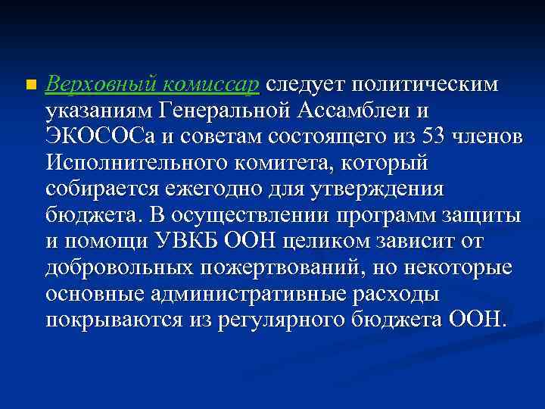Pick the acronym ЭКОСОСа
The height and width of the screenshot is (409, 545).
(x=94, y=137)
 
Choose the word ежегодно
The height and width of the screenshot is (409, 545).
(x=217, y=189)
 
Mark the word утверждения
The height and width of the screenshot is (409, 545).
(x=392, y=189)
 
